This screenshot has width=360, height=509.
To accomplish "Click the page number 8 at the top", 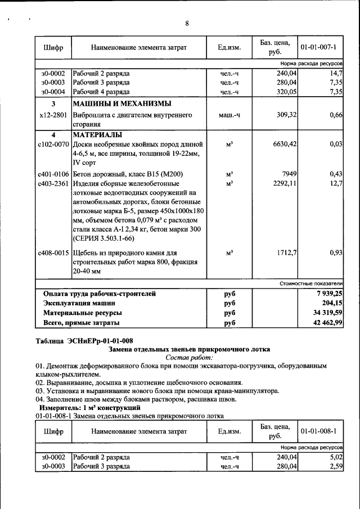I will click(x=187, y=23).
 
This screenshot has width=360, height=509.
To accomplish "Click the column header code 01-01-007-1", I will click(x=318, y=47).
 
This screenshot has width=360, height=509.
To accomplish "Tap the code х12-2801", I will click(x=52, y=115).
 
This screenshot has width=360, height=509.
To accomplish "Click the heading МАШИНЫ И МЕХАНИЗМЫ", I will click(x=121, y=104).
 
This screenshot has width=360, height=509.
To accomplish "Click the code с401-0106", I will click(x=53, y=174).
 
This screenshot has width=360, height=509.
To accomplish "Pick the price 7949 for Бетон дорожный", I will click(x=289, y=174).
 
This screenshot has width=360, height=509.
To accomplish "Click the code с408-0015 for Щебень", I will click(x=53, y=253).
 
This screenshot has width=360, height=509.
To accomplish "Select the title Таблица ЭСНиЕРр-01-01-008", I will click(x=84, y=340).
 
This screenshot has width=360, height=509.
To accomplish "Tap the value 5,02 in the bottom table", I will click(x=336, y=457).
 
